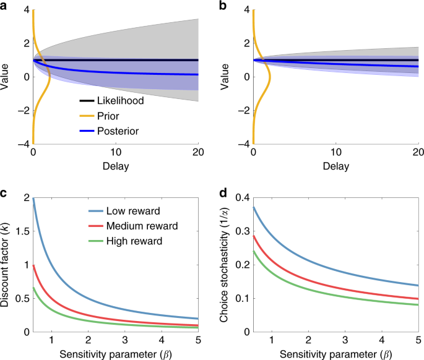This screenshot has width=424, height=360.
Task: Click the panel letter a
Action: click(x=4, y=6)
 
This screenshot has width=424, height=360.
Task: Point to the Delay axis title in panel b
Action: click(x=335, y=166)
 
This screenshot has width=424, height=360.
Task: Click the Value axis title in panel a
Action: click(x=8, y=77)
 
